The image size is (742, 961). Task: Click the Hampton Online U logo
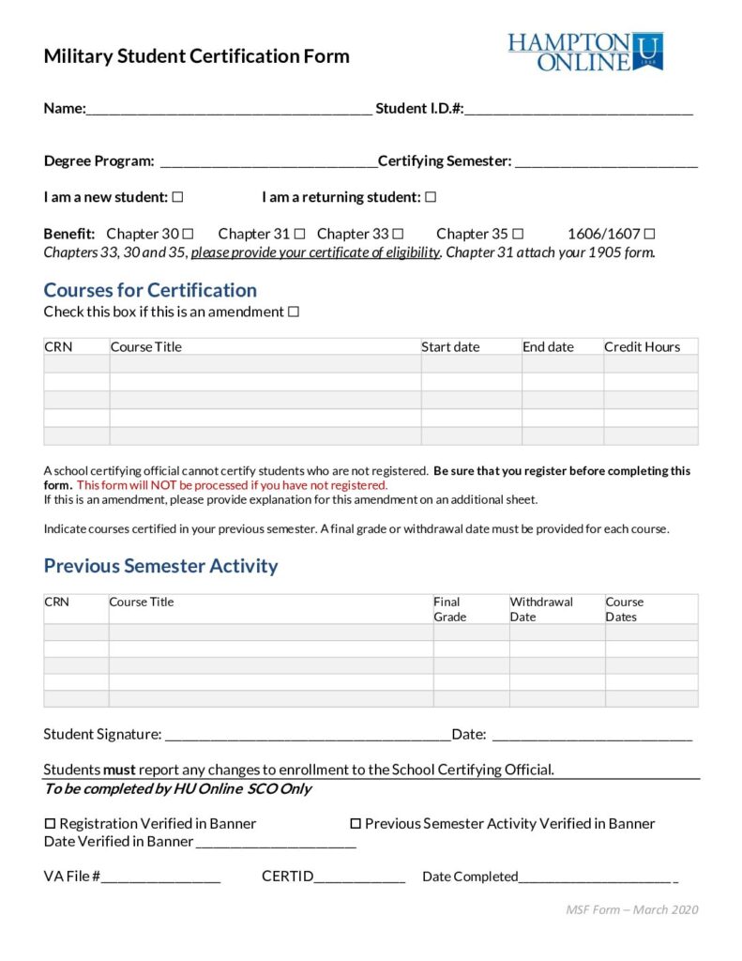(x=585, y=52)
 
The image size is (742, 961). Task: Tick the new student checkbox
(x=178, y=197)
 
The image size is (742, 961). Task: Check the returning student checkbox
(x=431, y=197)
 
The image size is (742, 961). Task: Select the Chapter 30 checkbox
(x=188, y=234)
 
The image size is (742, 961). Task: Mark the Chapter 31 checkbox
(x=300, y=234)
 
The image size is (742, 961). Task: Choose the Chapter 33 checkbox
(x=398, y=234)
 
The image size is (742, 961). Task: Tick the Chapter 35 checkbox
(x=518, y=234)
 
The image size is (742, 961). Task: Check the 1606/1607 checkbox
(x=649, y=234)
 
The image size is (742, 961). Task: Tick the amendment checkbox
(x=294, y=312)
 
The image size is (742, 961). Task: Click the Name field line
(x=229, y=111)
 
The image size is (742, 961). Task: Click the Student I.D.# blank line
(x=579, y=111)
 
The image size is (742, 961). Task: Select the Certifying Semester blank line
(x=606, y=163)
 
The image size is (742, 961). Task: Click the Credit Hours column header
(x=643, y=346)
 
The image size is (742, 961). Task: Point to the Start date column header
(x=450, y=346)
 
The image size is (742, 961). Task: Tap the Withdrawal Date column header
(x=541, y=609)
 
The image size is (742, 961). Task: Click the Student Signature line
(x=308, y=737)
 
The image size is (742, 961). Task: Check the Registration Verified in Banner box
(x=51, y=824)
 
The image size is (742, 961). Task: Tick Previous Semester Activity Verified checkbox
(x=356, y=824)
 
